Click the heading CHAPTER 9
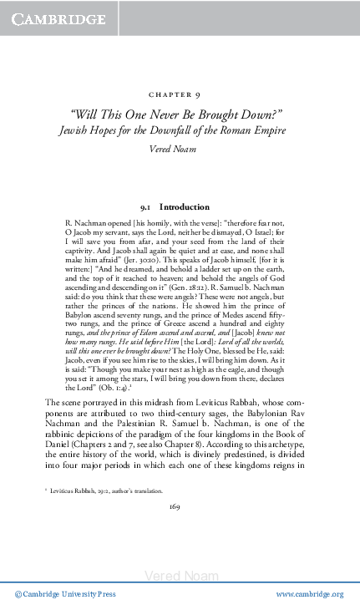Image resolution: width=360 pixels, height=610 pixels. (180, 96)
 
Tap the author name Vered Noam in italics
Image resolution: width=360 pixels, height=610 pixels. (180, 147)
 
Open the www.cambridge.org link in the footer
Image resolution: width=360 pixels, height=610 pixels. (309, 594)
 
